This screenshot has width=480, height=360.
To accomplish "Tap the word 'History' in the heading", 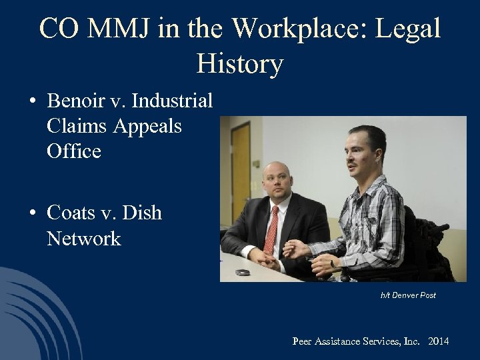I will (x=240, y=64).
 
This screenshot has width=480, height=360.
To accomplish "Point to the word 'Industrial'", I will (x=172, y=101).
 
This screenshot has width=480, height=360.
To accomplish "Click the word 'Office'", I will (x=74, y=151).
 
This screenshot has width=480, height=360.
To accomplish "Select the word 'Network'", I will (x=84, y=239).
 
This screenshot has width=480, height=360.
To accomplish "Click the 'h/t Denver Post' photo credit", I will (x=408, y=295).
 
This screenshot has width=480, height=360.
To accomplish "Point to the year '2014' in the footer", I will (x=439, y=341).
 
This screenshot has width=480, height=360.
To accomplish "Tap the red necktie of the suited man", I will (x=271, y=231).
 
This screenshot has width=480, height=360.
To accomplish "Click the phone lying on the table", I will (x=243, y=272).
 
